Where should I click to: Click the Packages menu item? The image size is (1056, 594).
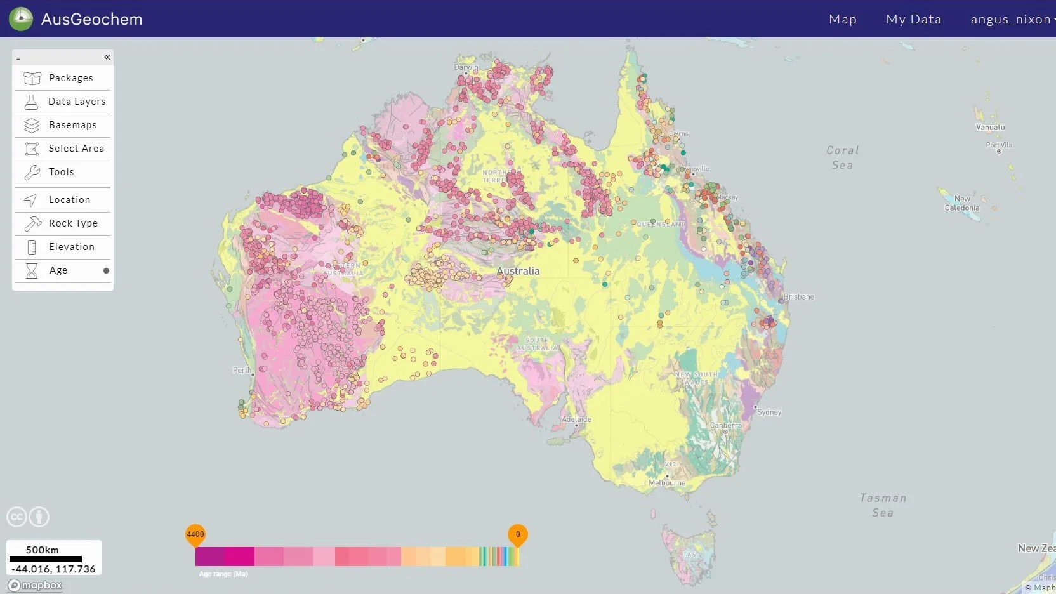[70, 78]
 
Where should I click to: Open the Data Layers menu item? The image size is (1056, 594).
[76, 102]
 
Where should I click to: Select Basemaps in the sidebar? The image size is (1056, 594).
[72, 125]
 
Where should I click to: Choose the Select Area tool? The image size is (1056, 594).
[76, 148]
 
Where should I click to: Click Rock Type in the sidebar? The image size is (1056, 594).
[73, 223]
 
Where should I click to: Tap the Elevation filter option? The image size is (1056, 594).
[71, 247]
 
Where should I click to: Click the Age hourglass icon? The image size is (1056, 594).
[31, 271]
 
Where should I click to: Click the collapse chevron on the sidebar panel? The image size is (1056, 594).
[107, 57]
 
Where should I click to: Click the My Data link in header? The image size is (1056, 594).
[913, 19]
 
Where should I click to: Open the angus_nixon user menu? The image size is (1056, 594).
[1011, 19]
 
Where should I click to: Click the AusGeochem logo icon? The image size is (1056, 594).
[21, 19]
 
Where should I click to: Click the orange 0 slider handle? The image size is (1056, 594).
[517, 535]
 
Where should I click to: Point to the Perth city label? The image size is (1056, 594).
[242, 370]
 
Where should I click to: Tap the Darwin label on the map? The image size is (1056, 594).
[466, 67]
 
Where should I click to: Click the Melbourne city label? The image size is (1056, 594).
[667, 483]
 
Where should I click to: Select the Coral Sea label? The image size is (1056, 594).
[842, 157]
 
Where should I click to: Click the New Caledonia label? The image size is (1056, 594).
[961, 203]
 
